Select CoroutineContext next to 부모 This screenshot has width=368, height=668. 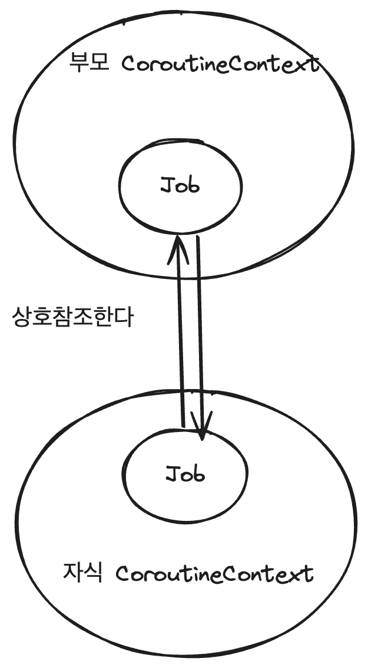point(220,64)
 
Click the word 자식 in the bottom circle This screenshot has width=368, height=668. point(82,572)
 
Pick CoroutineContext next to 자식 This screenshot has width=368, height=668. point(214,573)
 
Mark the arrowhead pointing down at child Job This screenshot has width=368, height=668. point(202,433)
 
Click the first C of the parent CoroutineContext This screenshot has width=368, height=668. point(128,64)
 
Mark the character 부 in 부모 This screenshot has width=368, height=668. point(78,63)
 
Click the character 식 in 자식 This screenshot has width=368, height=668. point(94,572)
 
